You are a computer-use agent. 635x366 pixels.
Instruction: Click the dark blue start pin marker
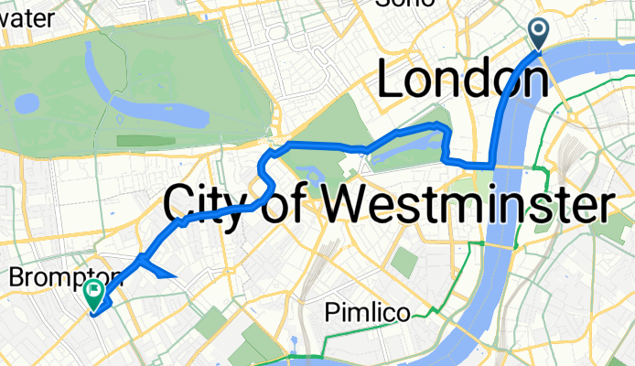(538, 34)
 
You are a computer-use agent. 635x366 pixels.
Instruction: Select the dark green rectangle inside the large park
(146, 141)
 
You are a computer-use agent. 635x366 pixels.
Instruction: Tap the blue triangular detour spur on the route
(158, 270)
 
